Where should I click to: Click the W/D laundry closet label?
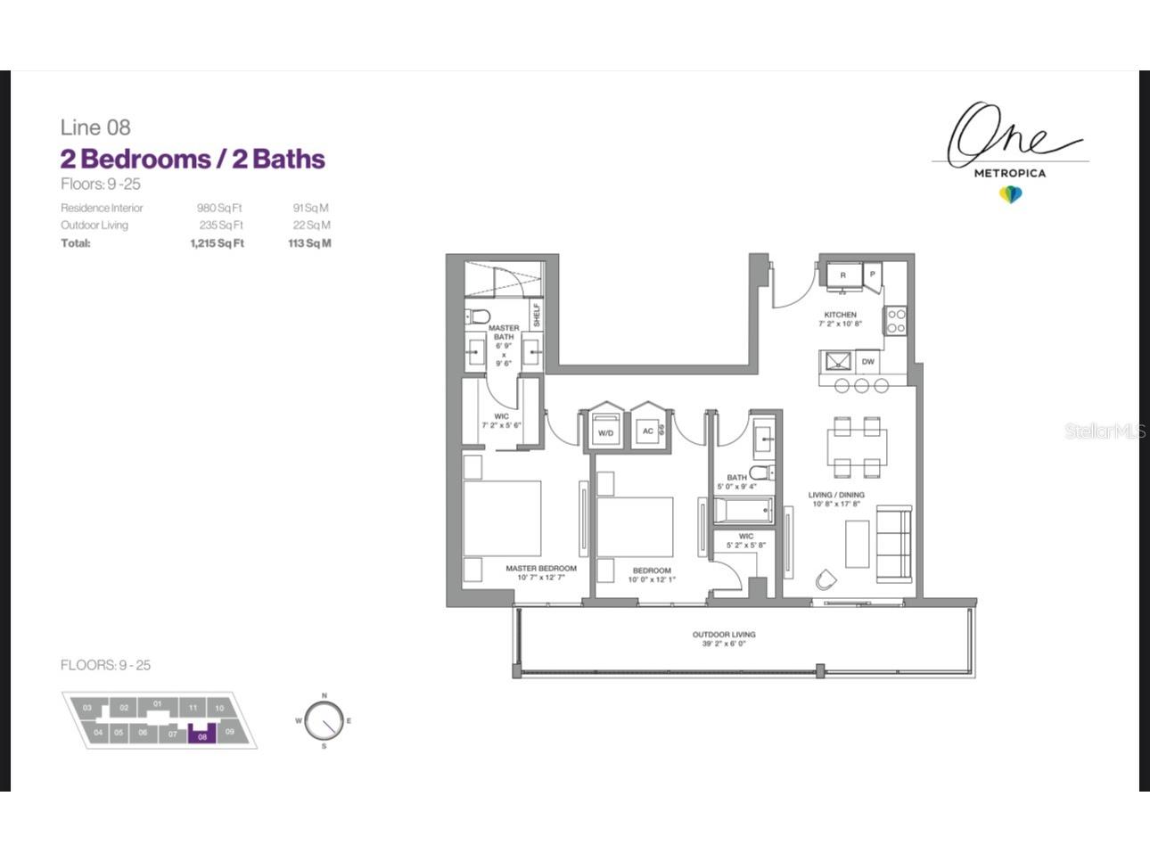605,433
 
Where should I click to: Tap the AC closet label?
648,431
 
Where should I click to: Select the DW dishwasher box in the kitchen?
867,362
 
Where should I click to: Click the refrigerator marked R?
842,275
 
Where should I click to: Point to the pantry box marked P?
872,275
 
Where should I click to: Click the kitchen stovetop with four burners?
896,321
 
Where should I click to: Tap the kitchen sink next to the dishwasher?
837,362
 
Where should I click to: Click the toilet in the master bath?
480,316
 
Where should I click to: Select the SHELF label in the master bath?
537,315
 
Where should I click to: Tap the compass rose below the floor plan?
323,720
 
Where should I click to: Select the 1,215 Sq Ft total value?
217,243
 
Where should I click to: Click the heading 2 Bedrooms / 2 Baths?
193,159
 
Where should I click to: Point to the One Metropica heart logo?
1010,194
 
